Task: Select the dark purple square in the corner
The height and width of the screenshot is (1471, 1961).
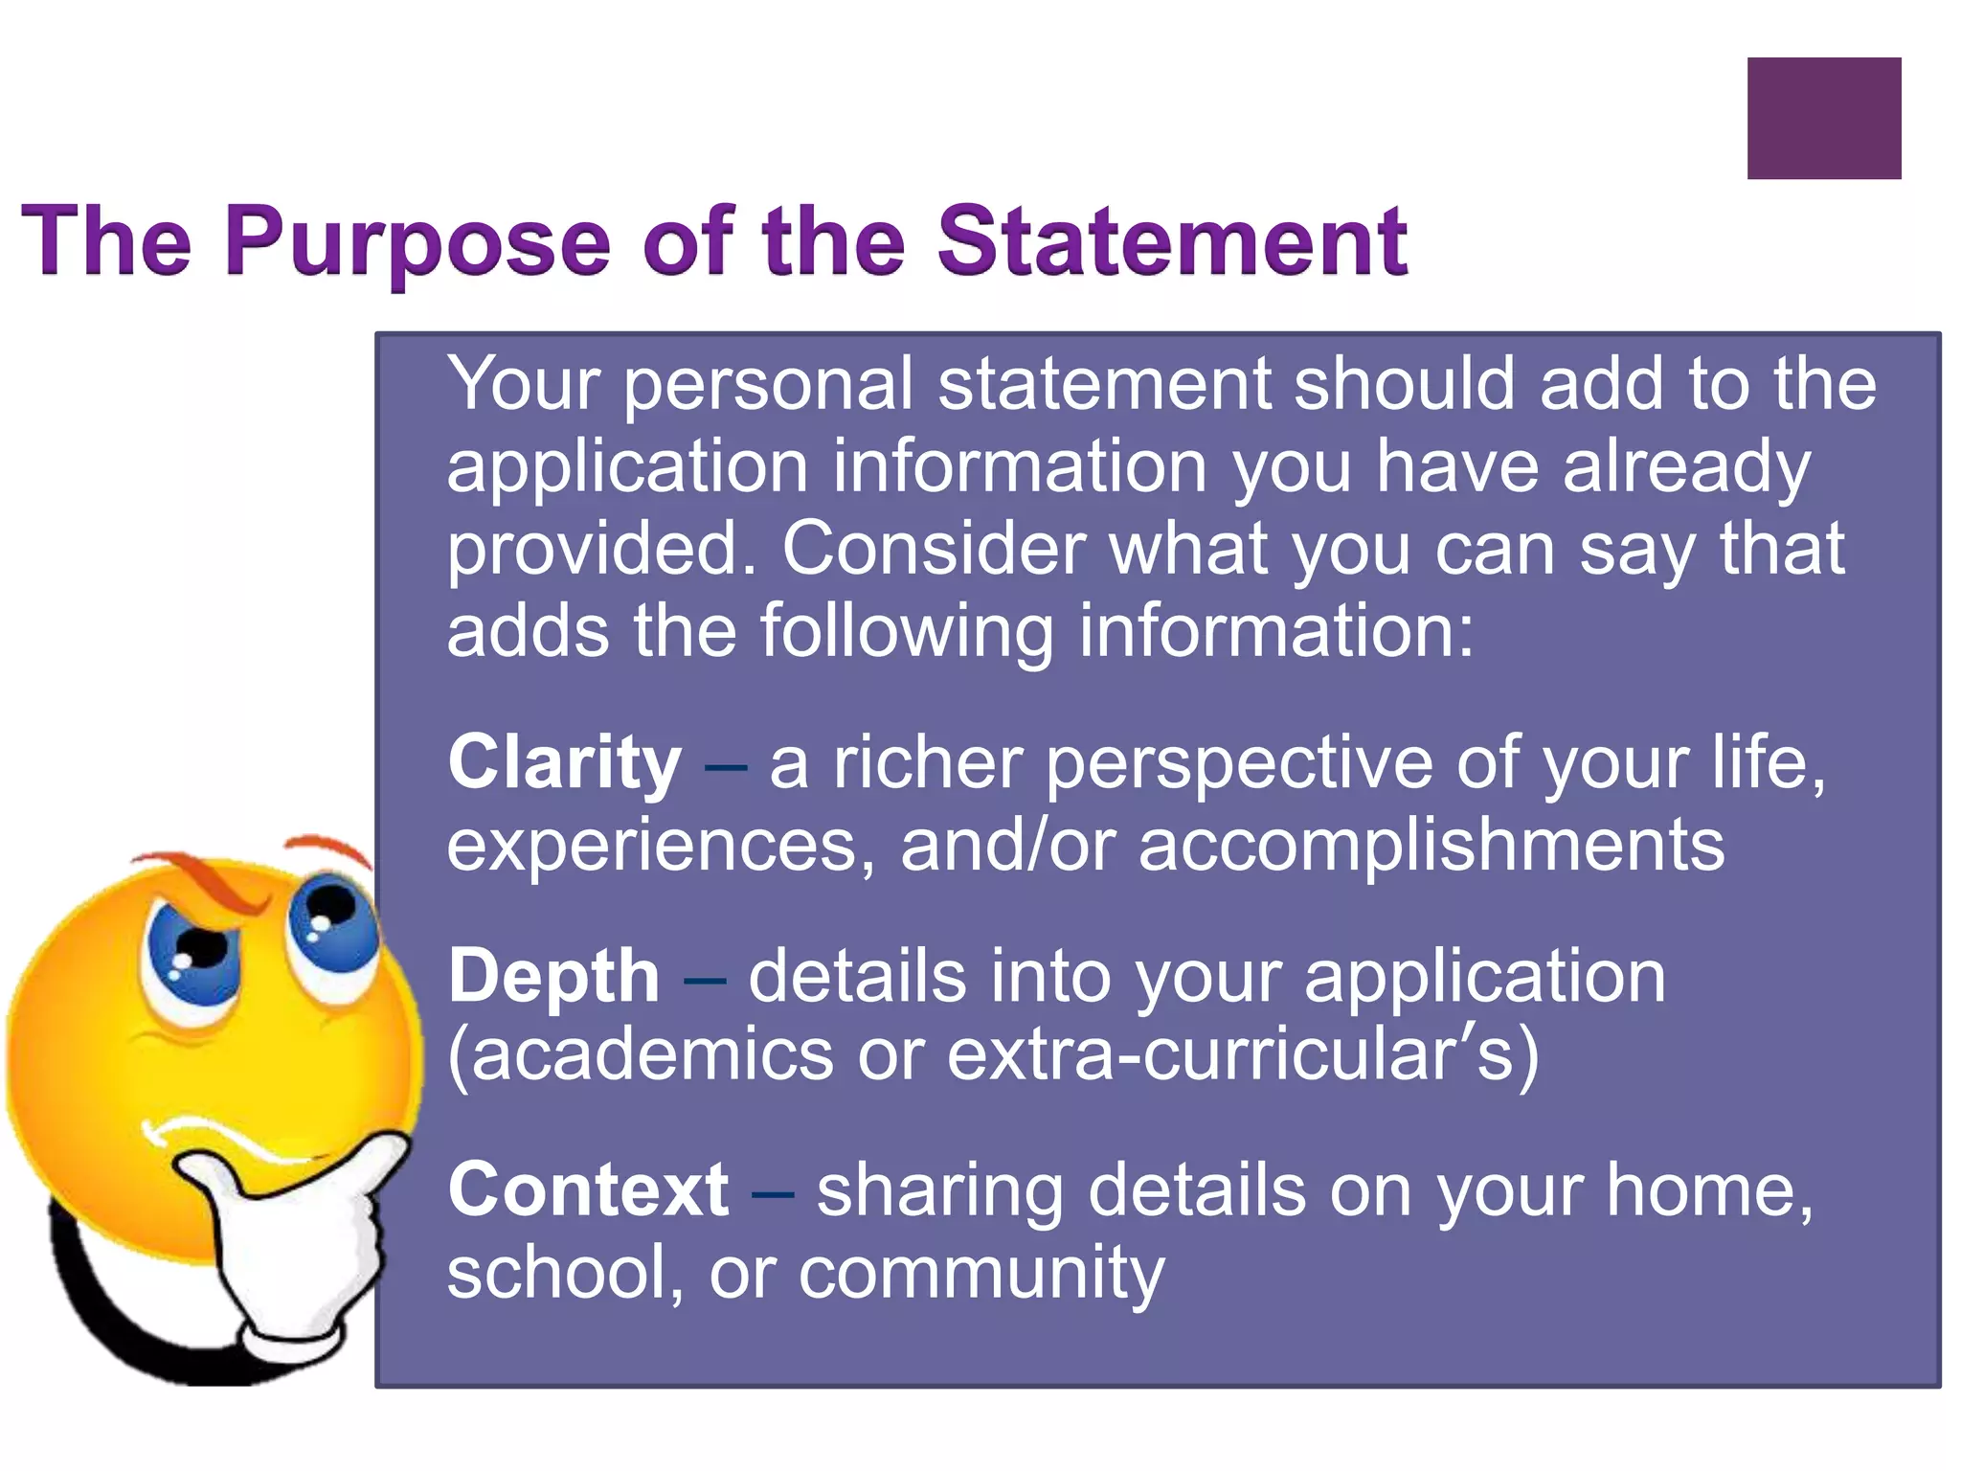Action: point(1823,118)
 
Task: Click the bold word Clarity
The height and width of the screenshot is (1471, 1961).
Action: point(565,762)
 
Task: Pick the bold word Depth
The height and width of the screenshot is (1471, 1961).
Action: point(553,976)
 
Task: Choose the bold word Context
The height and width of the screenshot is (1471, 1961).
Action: point(588,1189)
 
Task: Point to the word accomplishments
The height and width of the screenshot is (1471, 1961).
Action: point(1431,845)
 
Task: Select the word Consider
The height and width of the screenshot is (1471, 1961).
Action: point(934,548)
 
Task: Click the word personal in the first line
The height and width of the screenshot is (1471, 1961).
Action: point(769,384)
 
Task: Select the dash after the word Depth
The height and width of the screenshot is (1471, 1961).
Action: point(704,979)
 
